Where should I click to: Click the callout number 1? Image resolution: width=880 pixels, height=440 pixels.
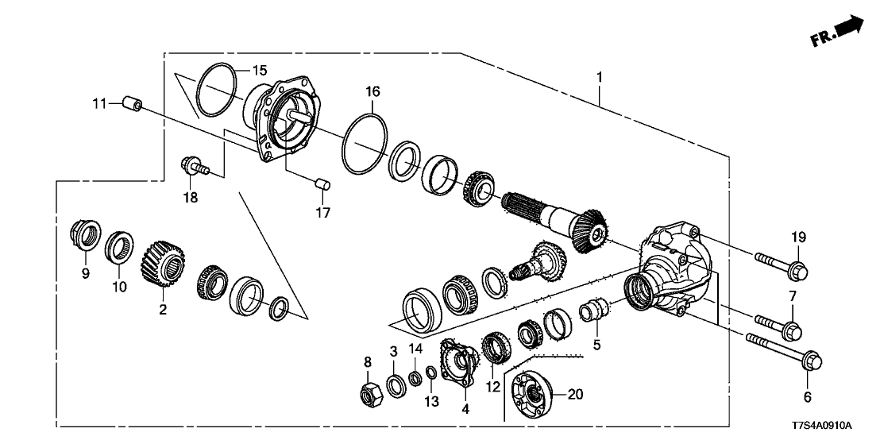coord(600,78)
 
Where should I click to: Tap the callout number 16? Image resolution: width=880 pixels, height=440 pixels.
coord(372,92)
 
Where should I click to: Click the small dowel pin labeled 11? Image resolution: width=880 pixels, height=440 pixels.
coord(132,105)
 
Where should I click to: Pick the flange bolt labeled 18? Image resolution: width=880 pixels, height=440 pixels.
coord(194,168)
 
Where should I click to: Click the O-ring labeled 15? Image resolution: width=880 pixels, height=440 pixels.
coord(216,90)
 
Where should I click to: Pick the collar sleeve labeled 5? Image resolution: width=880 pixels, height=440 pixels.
coord(595,310)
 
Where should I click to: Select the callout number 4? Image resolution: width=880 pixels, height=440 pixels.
coord(465,409)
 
